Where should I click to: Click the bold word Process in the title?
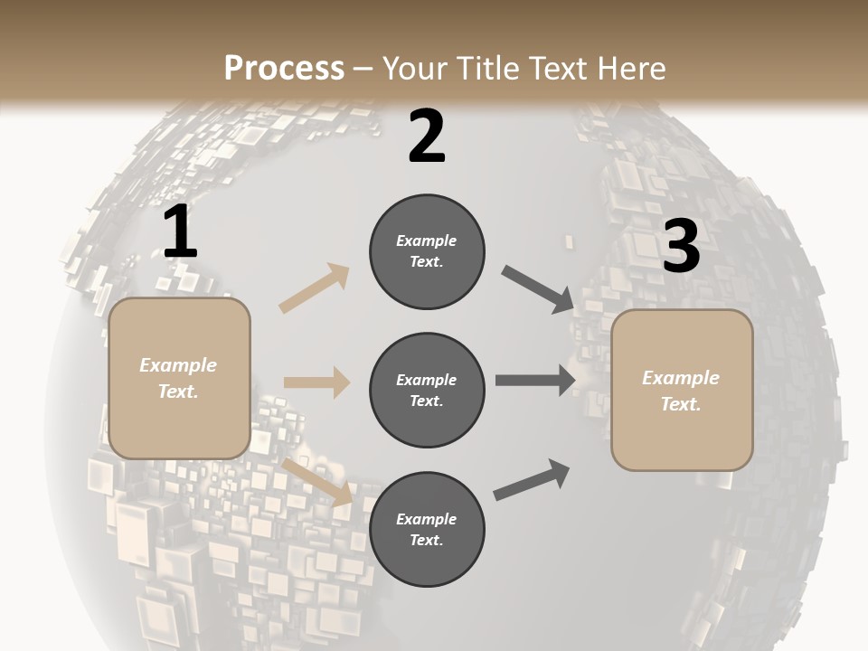[284, 69]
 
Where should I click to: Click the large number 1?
[180, 232]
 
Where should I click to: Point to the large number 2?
[427, 137]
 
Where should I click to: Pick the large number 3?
[681, 246]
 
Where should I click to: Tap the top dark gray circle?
[427, 251]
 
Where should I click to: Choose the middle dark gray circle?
[427, 391]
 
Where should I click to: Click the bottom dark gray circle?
[427, 530]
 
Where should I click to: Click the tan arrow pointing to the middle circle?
[316, 382]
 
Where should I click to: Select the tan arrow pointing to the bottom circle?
[316, 481]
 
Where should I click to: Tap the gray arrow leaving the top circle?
[537, 289]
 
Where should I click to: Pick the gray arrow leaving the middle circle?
[535, 381]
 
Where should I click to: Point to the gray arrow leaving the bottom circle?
[532, 480]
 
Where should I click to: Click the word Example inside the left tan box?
[178, 365]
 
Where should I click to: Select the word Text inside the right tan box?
[680, 404]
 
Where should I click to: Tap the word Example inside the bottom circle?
[426, 519]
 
